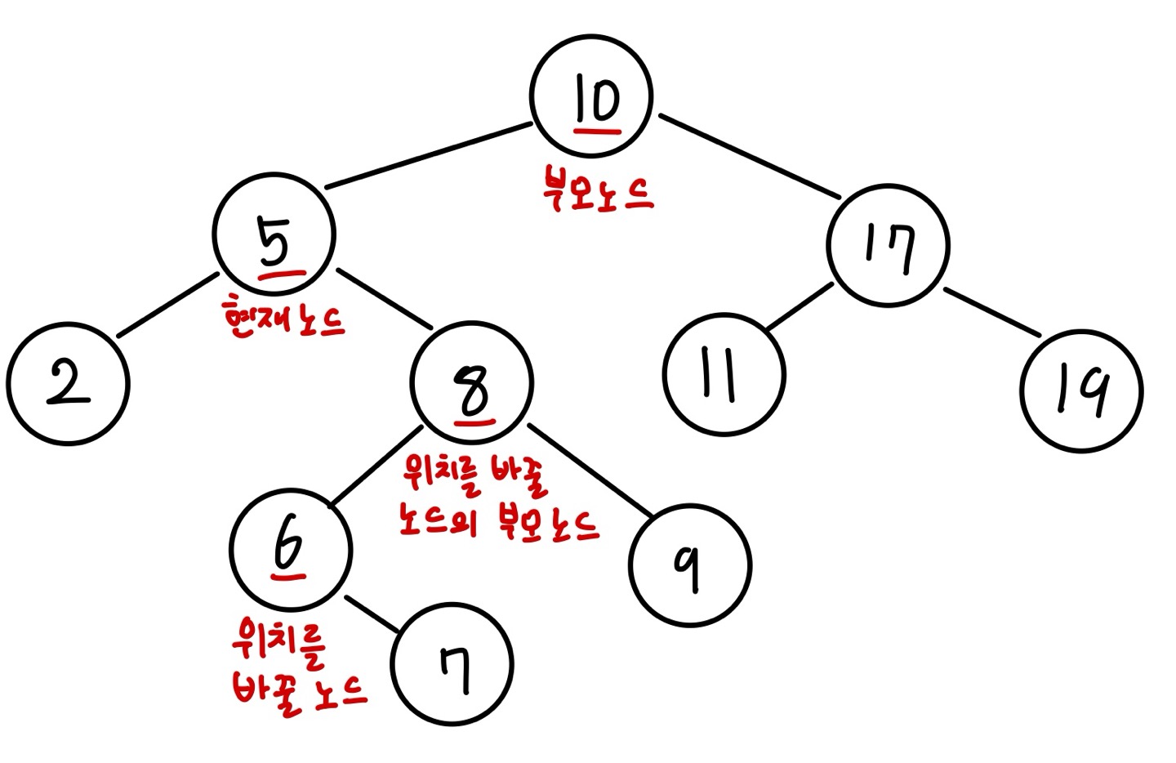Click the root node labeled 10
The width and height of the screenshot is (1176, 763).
coord(590,96)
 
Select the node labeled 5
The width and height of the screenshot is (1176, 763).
coord(274,234)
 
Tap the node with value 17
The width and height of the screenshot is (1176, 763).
coord(888,246)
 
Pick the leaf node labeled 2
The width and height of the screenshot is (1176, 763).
coord(68,384)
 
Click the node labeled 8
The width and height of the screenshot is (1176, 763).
coord(473,381)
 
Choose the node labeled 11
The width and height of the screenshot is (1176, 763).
coord(724,376)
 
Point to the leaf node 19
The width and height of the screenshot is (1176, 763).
coord(1081,391)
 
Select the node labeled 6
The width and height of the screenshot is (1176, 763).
coord(291,549)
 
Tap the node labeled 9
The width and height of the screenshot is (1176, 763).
coord(690,565)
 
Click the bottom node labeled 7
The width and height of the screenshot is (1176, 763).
coord(452,664)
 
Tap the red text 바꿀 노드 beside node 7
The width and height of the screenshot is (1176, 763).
coord(299,692)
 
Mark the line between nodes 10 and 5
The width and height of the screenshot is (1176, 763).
coord(429,156)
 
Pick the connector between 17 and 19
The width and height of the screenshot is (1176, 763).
coord(992,312)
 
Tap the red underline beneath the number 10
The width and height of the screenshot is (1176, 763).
coord(597,128)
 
